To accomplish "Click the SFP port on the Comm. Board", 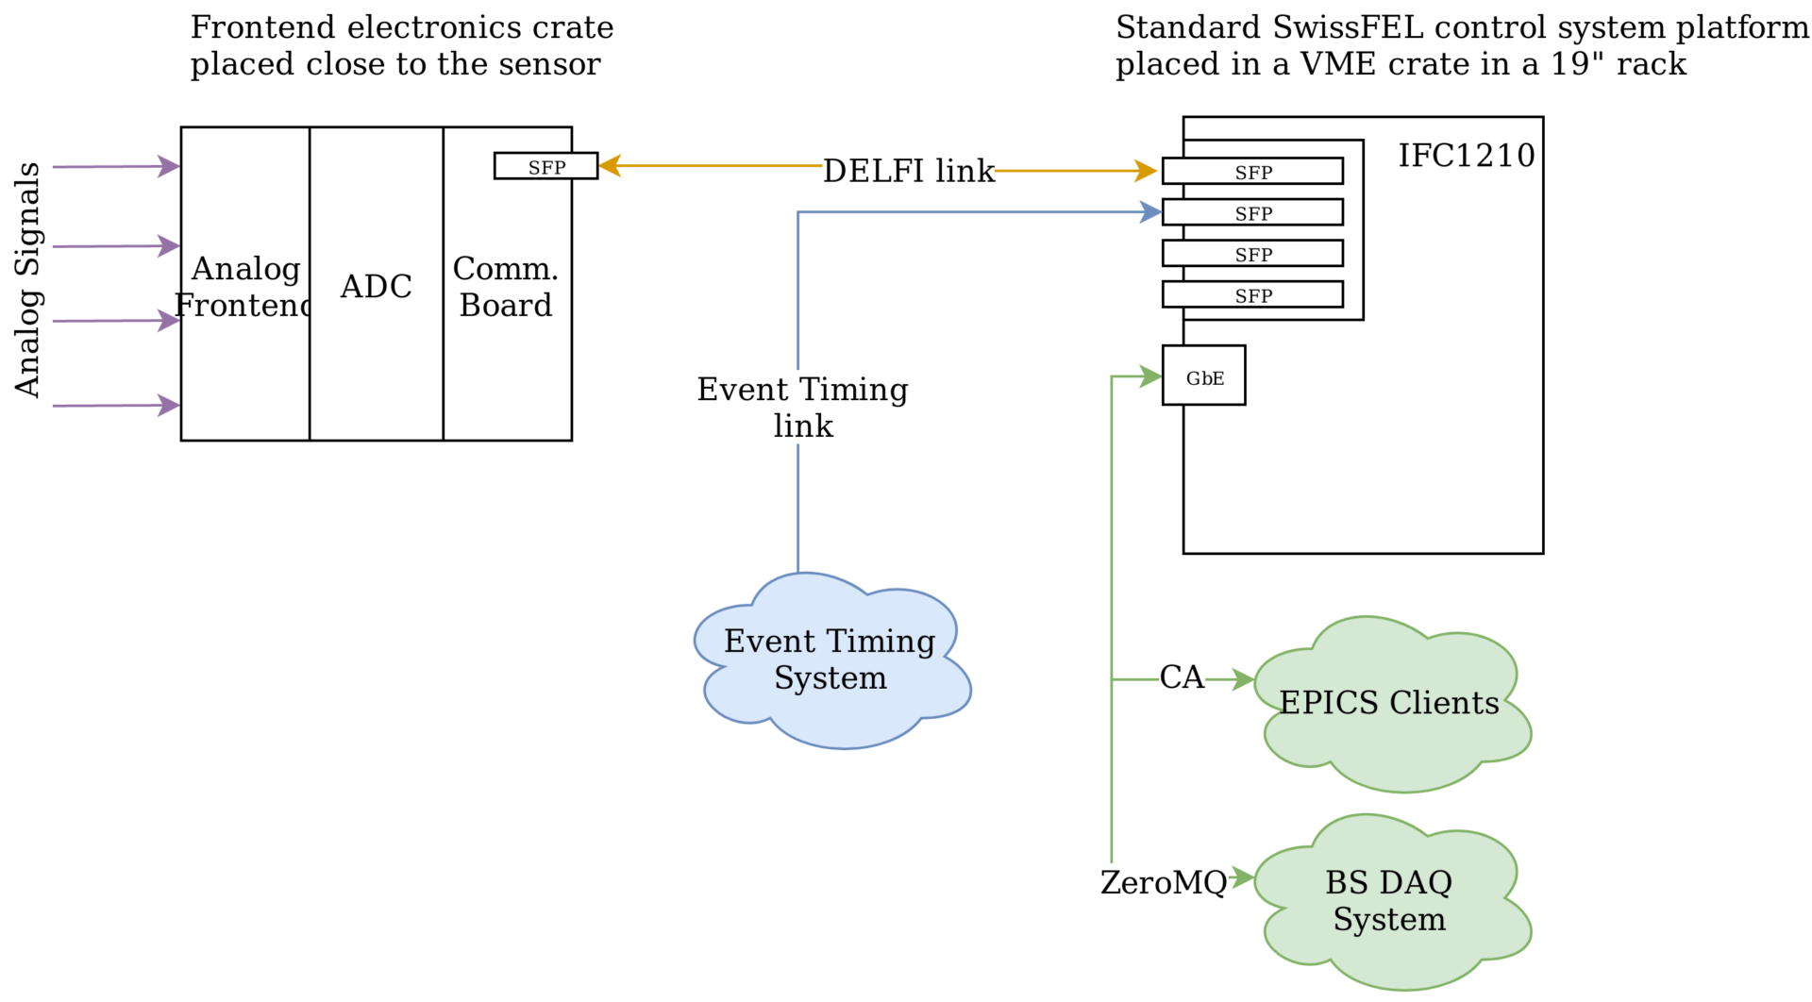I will [545, 167].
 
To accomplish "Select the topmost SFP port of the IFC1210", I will [1253, 172].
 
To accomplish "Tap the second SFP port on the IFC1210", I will [1253, 213].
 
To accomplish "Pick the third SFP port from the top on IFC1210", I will [1253, 254].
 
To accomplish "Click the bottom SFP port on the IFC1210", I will [1253, 295].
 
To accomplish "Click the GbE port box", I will [1204, 376].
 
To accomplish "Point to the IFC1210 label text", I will [1466, 156].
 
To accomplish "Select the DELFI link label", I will [908, 171].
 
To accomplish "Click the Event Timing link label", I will [802, 407].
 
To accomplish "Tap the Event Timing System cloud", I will [830, 660].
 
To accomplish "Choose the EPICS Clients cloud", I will [1389, 703].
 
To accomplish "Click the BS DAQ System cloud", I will [1389, 900].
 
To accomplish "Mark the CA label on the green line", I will [1182, 677].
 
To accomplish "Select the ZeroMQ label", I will [1163, 882].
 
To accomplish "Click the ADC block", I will [376, 286].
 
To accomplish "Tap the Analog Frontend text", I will [245, 287].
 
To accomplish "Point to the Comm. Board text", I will [506, 287].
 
